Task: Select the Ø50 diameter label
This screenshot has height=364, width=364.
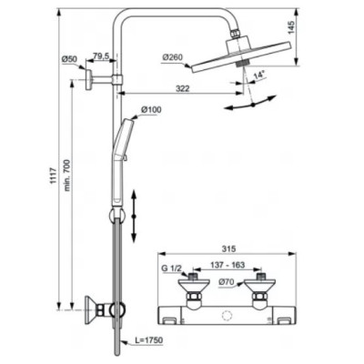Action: point(68,59)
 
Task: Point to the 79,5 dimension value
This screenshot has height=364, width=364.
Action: point(101,56)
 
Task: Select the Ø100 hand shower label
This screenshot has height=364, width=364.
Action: point(152,111)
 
